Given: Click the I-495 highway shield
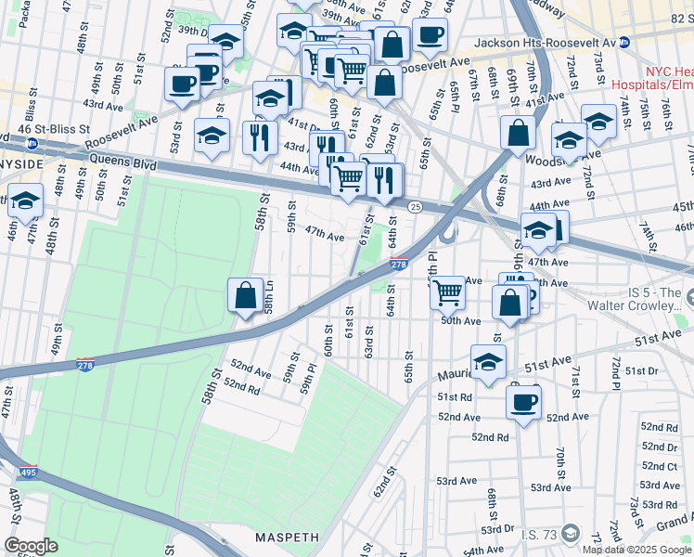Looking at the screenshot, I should click(28, 473).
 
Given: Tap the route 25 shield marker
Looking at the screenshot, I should click(416, 206).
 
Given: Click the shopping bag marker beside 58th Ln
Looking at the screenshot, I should click(244, 297).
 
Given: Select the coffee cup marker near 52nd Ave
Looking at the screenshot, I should click(524, 403).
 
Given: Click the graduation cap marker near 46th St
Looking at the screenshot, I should click(25, 201).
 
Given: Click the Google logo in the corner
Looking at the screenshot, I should click(31, 546).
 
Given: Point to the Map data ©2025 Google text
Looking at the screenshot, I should click(636, 550).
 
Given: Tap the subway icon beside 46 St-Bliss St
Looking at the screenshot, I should click(32, 144).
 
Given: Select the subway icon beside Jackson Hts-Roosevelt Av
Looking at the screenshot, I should click(624, 43).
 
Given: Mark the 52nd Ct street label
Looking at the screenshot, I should click(659, 466).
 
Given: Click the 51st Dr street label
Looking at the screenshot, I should click(640, 370).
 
